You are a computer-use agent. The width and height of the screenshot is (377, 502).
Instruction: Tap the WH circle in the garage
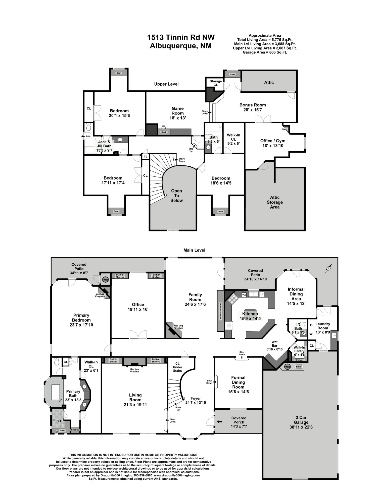(x=287, y=367)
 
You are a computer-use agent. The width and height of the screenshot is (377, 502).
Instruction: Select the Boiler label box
(x=299, y=367)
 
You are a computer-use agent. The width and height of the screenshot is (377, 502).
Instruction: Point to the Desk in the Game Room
(x=164, y=132)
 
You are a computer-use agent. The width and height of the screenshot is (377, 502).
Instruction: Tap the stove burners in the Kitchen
(x=232, y=299)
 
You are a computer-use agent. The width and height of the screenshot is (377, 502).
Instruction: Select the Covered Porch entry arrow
(x=219, y=421)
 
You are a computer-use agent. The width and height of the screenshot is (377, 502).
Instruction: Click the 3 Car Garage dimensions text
(x=301, y=427)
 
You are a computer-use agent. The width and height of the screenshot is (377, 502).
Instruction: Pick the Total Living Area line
(x=265, y=40)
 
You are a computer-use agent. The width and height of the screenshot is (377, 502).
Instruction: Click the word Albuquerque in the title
(x=172, y=46)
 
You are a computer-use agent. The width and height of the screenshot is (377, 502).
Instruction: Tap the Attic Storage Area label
(x=275, y=202)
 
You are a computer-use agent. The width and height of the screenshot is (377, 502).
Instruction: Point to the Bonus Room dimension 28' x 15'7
(x=253, y=110)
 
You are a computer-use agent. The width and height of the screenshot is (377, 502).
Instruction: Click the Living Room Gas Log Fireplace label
(x=134, y=370)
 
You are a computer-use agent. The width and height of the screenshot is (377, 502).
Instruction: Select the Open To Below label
(x=176, y=196)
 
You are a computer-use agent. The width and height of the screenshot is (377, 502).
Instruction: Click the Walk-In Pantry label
(x=299, y=349)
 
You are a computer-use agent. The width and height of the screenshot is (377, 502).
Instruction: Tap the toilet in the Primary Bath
(x=57, y=361)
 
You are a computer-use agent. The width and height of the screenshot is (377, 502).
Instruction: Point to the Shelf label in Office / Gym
(x=284, y=130)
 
